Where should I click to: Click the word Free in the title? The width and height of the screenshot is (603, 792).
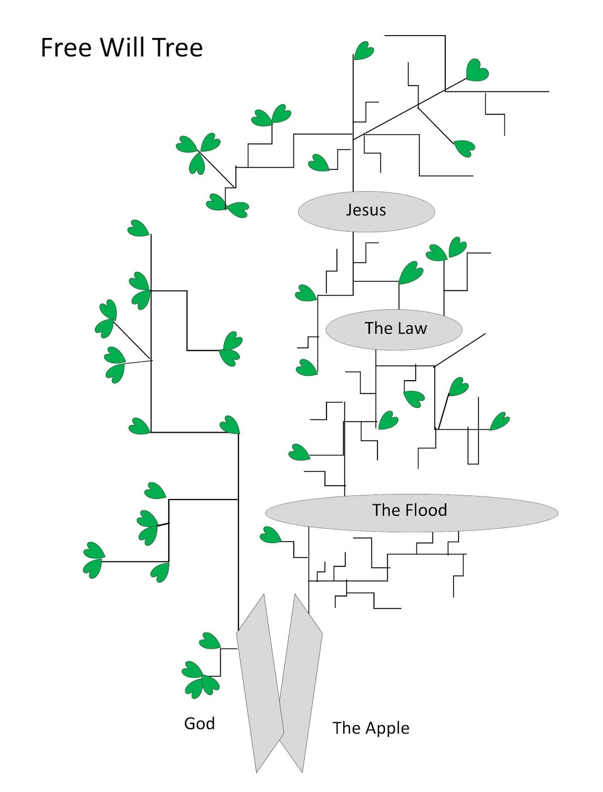click(x=66, y=48)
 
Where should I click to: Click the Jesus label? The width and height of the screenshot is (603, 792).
click(x=366, y=210)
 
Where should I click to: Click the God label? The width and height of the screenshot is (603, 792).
click(x=199, y=724)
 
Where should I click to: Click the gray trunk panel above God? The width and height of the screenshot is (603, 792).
click(x=260, y=683)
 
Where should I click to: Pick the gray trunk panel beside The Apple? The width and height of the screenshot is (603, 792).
click(x=300, y=683)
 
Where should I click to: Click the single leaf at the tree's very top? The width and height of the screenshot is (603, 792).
click(x=364, y=50)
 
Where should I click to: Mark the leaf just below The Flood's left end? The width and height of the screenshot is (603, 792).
click(x=270, y=535)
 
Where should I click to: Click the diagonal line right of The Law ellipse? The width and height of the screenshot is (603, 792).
click(x=460, y=350)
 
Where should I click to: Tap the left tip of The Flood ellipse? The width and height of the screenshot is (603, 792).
click(x=267, y=513)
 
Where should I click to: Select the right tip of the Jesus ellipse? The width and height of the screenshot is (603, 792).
click(x=433, y=211)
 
